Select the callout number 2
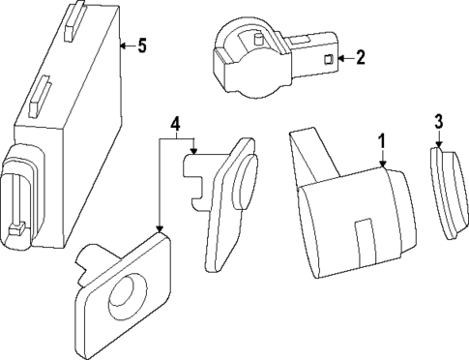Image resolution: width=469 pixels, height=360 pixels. (x=360, y=58)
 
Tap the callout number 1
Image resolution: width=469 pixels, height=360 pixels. (x=382, y=142)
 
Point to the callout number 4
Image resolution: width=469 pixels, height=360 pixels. (x=175, y=124)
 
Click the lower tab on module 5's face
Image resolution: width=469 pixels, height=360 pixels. (x=39, y=96)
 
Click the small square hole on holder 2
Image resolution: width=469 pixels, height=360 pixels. (x=327, y=60)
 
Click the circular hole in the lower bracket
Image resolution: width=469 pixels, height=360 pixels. (x=126, y=294)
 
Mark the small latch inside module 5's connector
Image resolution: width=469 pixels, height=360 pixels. (x=15, y=228)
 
